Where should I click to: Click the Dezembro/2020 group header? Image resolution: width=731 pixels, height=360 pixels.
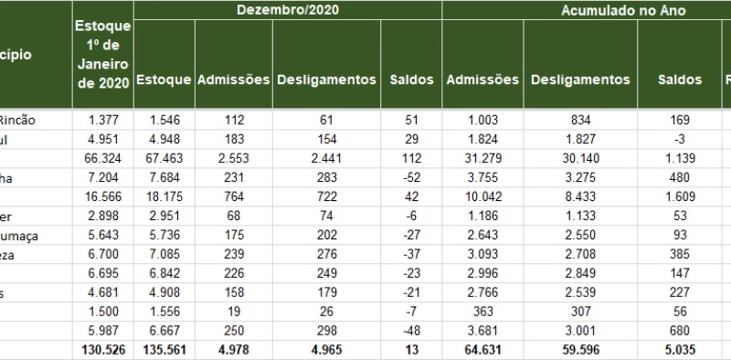click(x=287, y=11)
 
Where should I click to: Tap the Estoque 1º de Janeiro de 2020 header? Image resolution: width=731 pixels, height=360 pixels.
click(x=102, y=55)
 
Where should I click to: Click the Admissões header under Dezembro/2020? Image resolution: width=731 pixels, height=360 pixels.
click(x=233, y=79)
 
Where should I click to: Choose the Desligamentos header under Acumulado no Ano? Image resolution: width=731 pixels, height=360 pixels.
click(x=579, y=79)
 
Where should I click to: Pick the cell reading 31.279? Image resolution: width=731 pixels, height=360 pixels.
click(x=482, y=159)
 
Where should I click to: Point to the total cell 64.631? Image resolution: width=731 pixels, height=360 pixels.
click(x=482, y=351)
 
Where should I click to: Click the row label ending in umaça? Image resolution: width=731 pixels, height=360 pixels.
click(x=20, y=236)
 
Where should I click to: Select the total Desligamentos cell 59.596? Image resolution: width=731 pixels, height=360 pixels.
click(x=579, y=351)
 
